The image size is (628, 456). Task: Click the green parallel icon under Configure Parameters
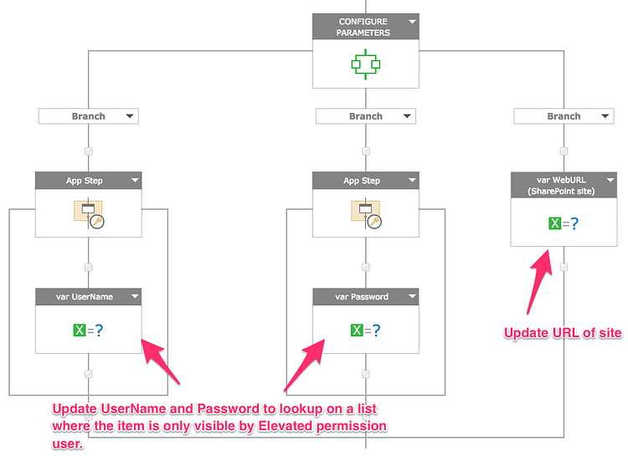click(366, 63)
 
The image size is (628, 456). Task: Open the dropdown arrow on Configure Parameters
click(411, 22)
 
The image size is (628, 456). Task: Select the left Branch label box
click(88, 116)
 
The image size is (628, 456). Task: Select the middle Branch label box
click(365, 116)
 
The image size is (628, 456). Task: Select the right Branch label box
click(564, 116)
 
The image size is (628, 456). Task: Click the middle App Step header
click(361, 181)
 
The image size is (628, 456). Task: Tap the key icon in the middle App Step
click(374, 222)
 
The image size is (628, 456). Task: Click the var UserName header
click(84, 296)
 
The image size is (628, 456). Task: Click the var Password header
click(362, 296)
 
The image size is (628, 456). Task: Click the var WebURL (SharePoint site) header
click(558, 185)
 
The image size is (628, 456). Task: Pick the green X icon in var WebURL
click(553, 223)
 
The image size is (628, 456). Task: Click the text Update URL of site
click(562, 333)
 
